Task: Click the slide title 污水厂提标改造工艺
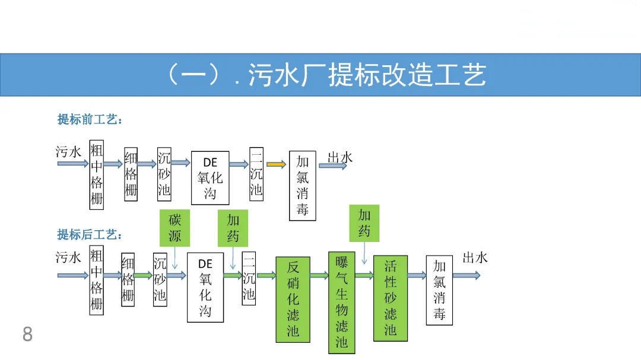(325, 75)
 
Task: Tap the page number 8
(27, 334)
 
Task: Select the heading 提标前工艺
(90, 120)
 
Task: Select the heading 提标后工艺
(90, 234)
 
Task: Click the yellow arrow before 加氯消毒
(276, 164)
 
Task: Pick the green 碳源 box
(175, 228)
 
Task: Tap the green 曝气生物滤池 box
(342, 302)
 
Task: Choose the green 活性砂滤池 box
(390, 298)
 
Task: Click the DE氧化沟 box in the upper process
(210, 177)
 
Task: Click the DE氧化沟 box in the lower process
(205, 287)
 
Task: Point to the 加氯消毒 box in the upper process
(303, 185)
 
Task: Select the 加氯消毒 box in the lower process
(439, 290)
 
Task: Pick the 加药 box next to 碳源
(233, 228)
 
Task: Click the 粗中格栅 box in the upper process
(96, 174)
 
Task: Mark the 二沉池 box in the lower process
(249, 278)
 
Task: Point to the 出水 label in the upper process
(340, 157)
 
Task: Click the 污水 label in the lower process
(68, 257)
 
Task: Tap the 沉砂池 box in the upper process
(164, 174)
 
